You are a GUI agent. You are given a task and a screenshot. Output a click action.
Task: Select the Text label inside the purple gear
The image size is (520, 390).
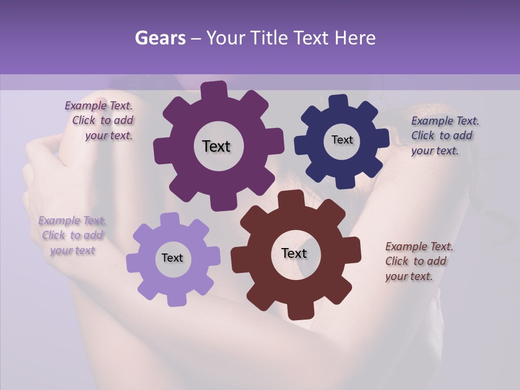[216, 146]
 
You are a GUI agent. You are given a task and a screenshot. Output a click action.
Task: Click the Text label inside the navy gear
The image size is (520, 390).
[342, 140]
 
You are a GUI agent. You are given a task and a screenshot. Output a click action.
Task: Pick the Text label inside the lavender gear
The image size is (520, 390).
[172, 258]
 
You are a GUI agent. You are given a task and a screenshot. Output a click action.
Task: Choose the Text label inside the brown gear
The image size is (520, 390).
[294, 253]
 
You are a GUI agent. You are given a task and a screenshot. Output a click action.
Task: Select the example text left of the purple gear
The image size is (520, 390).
[101, 121]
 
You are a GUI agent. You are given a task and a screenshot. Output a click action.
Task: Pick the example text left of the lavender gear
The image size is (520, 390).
[72, 235]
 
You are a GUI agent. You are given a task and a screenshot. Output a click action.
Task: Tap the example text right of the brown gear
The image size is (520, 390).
[417, 261]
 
